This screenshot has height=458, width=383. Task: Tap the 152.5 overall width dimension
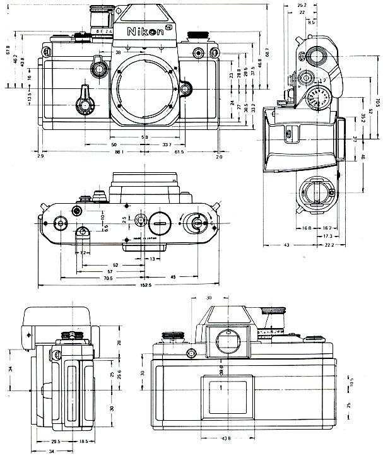click(144, 285)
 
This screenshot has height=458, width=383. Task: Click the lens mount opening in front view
click(146, 88)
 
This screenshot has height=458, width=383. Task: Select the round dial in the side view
click(317, 99)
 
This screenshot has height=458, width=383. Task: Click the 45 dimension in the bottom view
click(173, 276)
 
